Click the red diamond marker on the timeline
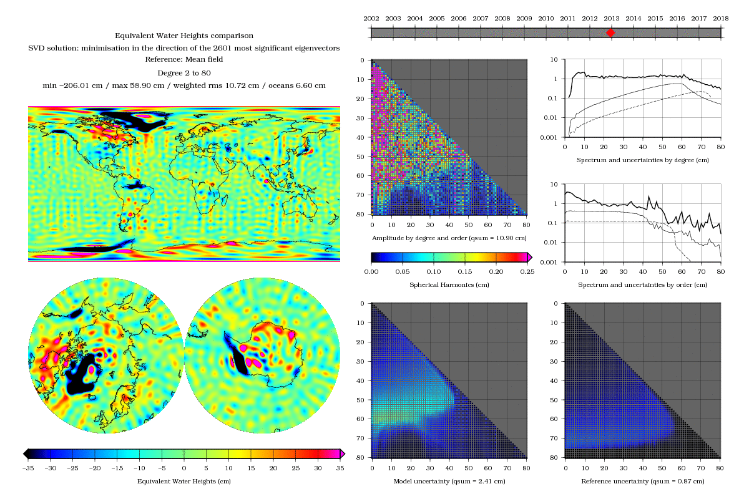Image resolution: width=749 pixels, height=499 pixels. tap(611, 32)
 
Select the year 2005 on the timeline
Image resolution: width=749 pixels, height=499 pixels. tap(437, 19)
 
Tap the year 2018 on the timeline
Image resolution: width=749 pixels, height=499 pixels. tap(721, 19)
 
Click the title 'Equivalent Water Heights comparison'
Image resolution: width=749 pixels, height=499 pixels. tap(184, 36)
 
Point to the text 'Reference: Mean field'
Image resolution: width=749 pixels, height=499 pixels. tap(184, 59)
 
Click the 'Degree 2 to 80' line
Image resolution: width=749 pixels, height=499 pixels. tap(184, 72)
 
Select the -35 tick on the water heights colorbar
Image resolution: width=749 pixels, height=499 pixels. tap(27, 467)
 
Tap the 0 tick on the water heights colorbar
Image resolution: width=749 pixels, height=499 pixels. tap(184, 467)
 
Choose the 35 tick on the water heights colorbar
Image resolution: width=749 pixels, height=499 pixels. tap(340, 467)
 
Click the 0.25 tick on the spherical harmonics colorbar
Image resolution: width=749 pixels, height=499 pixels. tap(527, 272)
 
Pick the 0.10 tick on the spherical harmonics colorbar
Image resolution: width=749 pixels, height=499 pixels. tap(434, 272)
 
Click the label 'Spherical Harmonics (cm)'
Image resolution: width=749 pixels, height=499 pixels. tap(449, 284)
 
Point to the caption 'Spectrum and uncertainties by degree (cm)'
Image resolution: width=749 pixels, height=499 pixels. tap(643, 160)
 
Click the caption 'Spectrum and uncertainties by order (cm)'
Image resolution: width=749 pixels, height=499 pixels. tap(643, 285)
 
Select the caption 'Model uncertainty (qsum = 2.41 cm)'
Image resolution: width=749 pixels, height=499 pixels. tap(449, 482)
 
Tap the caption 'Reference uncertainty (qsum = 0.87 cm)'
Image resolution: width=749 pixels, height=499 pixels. tap(643, 482)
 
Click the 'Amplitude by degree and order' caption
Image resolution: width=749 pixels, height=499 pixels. tap(449, 238)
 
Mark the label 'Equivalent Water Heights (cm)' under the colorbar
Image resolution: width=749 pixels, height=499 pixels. tap(184, 481)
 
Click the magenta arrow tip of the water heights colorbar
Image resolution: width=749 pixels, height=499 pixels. tap(343, 453)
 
